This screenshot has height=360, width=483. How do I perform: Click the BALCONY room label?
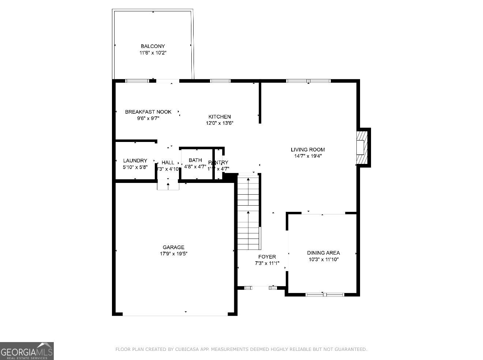[153, 46]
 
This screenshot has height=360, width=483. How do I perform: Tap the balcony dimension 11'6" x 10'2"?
[153, 53]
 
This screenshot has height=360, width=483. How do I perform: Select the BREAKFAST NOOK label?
[148, 112]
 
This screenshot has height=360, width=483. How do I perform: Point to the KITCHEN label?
[220, 117]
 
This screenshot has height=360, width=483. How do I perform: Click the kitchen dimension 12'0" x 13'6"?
[220, 123]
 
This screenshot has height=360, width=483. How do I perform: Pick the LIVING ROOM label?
[308, 149]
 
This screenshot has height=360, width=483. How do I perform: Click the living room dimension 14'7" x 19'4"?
[308, 156]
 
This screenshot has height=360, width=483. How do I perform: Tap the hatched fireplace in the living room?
[361, 147]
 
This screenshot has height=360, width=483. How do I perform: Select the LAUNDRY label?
[135, 161]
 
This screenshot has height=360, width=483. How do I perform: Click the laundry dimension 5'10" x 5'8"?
[135, 167]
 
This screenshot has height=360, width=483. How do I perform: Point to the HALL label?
[168, 162]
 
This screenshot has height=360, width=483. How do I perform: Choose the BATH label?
[195, 160]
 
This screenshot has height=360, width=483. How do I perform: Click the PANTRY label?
[218, 162]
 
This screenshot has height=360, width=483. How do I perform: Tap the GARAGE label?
[173, 247]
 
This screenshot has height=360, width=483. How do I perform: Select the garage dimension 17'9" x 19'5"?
[173, 254]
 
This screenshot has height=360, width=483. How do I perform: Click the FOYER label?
[267, 257]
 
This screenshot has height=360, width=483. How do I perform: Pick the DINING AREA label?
[323, 253]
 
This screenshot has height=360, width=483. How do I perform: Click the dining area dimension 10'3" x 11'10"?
[323, 259]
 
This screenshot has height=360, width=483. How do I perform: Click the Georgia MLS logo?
[27, 351]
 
